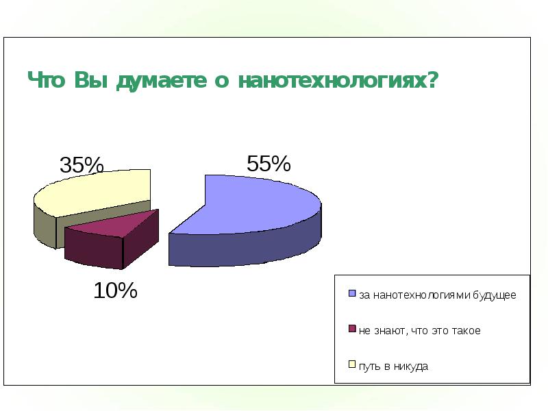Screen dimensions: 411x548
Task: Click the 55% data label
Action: (269, 164)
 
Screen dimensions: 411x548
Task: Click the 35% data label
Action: (82, 165)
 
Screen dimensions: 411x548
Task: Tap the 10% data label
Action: (115, 290)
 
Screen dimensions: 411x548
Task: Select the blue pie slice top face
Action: (253, 206)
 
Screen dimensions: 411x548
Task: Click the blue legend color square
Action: (353, 295)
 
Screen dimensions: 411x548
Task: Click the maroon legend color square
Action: (353, 330)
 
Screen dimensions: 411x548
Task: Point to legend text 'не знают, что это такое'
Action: (419, 331)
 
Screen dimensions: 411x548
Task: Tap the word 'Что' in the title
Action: (46, 81)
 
